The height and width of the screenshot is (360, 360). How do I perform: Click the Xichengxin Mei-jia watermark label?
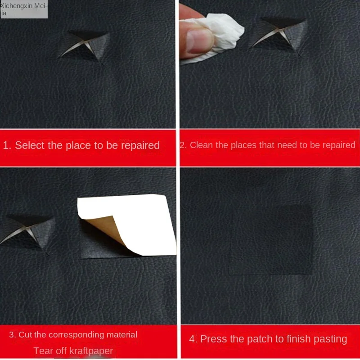pos(24,9)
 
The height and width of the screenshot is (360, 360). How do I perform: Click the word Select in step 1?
pos(30,145)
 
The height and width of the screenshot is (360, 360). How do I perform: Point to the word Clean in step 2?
pos(200,145)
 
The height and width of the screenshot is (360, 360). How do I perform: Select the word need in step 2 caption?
pos(289,145)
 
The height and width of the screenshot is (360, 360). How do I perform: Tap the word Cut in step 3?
pos(25,334)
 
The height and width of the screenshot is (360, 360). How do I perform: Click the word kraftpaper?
pos(91,351)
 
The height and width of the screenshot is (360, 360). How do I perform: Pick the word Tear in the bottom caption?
pos(42,351)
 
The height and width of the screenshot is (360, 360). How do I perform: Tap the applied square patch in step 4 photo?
pos(271,240)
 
